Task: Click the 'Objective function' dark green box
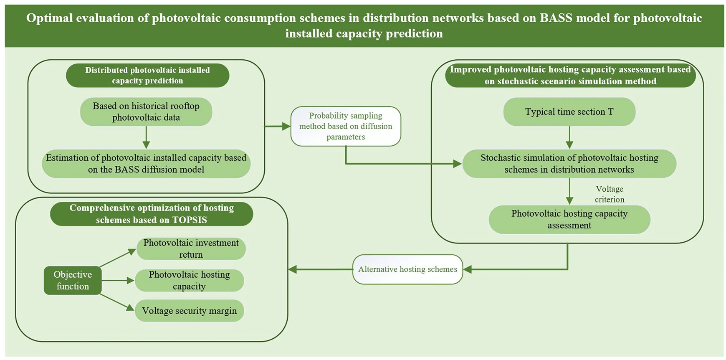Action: [x=73, y=280]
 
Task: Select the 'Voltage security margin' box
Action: [x=189, y=311]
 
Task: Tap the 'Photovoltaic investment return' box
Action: [x=191, y=248]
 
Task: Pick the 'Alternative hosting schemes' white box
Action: [x=407, y=269]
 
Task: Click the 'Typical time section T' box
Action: [x=569, y=112]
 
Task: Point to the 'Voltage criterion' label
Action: [x=609, y=194]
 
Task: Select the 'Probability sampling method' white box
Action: [x=346, y=126]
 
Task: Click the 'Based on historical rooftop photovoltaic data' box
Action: [x=146, y=112]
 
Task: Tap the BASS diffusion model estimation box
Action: [x=146, y=164]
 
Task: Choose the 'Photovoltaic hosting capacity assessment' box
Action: [x=569, y=219]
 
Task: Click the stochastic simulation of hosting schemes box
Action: [x=569, y=164]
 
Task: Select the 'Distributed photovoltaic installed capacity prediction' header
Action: [x=147, y=76]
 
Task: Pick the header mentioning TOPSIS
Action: [x=152, y=214]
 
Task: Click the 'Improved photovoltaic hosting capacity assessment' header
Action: [x=570, y=76]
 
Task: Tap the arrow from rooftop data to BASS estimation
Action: [x=146, y=137]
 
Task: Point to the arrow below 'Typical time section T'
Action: [x=569, y=137]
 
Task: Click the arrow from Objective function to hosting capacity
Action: [x=118, y=281]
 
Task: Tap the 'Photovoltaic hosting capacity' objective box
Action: [x=189, y=280]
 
